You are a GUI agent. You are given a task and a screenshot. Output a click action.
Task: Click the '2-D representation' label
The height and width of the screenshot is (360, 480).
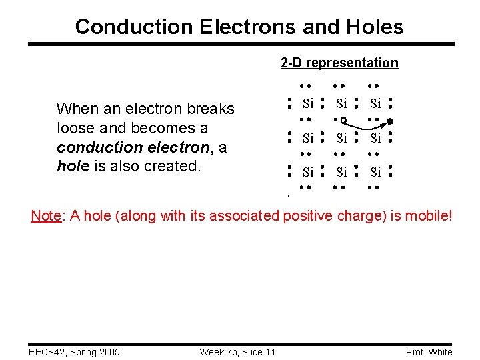tap(339, 63)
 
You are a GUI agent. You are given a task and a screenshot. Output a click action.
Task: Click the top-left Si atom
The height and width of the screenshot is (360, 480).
tap(308, 103)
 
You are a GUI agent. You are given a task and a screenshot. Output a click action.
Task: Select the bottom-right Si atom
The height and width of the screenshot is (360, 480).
tap(375, 172)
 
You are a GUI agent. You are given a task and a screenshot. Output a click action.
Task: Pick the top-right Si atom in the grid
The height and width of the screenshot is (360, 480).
tap(375, 103)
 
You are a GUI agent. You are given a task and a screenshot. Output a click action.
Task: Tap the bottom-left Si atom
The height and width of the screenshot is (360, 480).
tap(308, 172)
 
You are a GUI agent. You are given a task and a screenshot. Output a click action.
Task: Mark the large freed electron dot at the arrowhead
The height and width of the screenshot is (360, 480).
tap(391, 122)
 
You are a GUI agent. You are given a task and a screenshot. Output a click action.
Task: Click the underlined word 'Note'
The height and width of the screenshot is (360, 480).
tap(46, 215)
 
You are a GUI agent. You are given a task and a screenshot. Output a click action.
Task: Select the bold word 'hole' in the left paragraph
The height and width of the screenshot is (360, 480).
tap(72, 167)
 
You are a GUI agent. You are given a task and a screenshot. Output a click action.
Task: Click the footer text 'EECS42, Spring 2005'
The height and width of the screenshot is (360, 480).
tap(74, 352)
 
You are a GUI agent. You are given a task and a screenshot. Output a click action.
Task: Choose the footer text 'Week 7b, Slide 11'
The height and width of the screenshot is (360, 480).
tap(237, 352)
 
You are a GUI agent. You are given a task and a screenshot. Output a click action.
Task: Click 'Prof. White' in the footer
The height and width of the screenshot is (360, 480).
tap(429, 352)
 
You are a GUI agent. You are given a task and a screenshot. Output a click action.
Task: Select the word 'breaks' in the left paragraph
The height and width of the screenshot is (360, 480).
tap(213, 109)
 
